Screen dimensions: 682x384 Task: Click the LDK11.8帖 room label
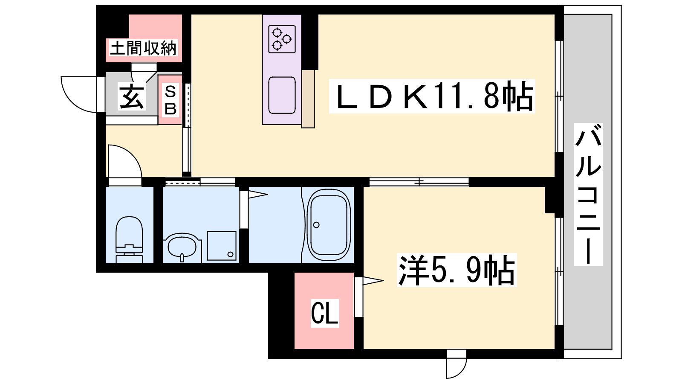(432, 96)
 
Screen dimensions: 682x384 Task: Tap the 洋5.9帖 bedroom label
(457, 270)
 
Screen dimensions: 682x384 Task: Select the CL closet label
(324, 313)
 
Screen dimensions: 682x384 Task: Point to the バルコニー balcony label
(588, 194)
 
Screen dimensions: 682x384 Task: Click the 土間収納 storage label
(143, 48)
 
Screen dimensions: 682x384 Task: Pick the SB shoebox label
(170, 100)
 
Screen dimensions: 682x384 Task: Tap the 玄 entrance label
(132, 96)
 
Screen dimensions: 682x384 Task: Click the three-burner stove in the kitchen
(282, 39)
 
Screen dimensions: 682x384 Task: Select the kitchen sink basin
(282, 95)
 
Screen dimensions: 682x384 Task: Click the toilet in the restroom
(130, 240)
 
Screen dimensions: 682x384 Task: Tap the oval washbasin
(182, 247)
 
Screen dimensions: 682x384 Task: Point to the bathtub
(329, 224)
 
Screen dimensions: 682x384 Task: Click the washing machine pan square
(222, 246)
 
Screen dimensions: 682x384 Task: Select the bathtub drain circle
(316, 225)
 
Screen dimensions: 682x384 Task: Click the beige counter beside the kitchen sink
(308, 99)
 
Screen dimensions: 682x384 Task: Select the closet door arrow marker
(373, 281)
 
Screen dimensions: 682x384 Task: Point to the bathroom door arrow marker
(258, 195)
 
